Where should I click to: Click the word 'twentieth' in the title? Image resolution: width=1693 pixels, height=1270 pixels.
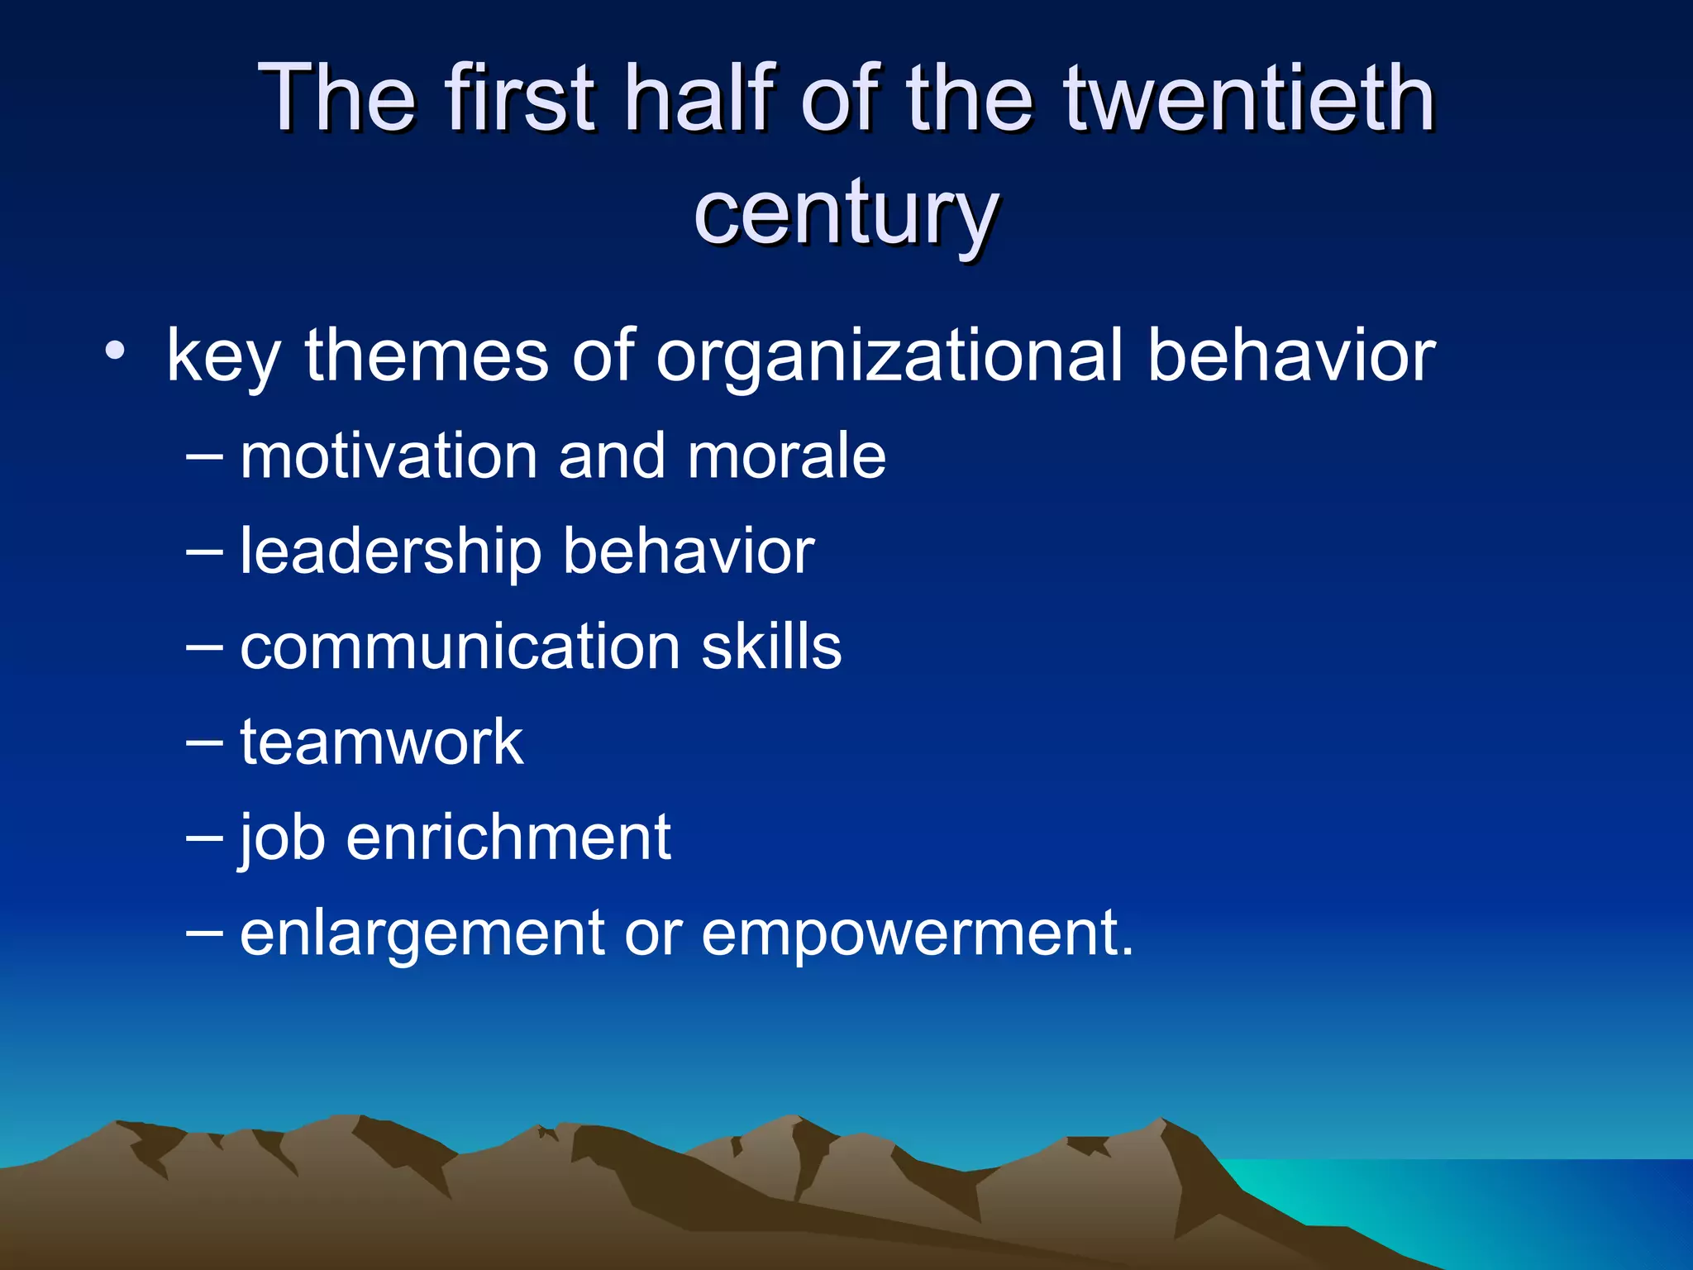(x=1249, y=99)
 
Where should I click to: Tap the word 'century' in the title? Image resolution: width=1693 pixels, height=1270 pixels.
(x=846, y=213)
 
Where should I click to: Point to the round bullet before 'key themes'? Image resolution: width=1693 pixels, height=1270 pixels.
(x=115, y=353)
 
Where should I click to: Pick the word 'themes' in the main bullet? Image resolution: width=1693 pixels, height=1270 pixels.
(x=427, y=356)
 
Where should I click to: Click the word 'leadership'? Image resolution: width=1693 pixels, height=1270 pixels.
(x=390, y=552)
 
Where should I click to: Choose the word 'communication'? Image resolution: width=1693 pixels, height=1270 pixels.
(x=460, y=647)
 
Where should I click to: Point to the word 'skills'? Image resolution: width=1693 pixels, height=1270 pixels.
(x=771, y=647)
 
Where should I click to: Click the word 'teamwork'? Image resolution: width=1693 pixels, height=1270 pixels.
(x=381, y=742)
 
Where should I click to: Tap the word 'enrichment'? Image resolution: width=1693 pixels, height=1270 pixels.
(x=508, y=838)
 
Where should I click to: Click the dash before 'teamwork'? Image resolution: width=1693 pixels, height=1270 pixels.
(x=204, y=742)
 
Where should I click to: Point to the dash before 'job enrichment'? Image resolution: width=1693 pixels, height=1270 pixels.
(x=204, y=838)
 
